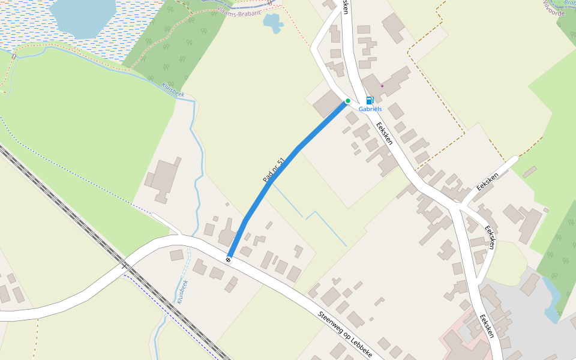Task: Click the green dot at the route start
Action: (347, 101)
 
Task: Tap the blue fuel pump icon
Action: (370, 100)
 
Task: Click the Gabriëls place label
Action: (370, 109)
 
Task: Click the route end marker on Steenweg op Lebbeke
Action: (228, 259)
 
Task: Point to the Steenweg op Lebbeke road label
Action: (345, 334)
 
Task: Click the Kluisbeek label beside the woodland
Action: (173, 89)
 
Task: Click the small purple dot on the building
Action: (382, 86)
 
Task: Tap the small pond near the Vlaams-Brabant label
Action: (273, 23)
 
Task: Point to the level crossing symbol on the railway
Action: (125, 265)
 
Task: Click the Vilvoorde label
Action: (554, 8)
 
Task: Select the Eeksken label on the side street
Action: (488, 179)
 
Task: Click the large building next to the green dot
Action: (328, 103)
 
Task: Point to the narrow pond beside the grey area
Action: (551, 298)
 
